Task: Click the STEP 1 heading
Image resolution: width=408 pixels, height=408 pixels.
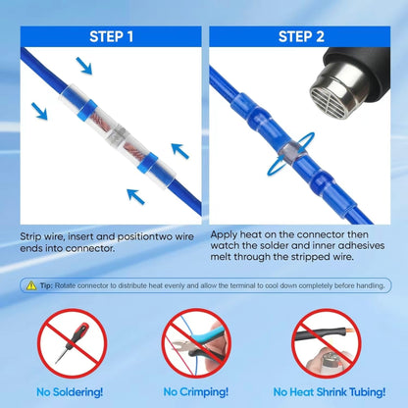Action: tap(112, 36)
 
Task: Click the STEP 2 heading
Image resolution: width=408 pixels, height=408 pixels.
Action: tap(301, 36)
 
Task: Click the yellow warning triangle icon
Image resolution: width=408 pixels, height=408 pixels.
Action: tap(31, 285)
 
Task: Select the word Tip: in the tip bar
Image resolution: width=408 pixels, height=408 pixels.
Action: tap(46, 285)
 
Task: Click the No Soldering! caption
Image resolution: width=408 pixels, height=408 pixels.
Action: tap(70, 391)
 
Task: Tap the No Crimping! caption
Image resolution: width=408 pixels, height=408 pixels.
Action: tap(196, 391)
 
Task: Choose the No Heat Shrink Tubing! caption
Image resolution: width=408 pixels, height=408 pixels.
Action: tap(330, 391)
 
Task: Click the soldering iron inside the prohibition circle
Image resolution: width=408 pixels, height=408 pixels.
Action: tap(72, 343)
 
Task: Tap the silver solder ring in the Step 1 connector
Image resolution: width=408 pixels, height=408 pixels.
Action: tap(118, 137)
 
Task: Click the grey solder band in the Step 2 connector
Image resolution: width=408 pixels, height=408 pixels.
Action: tap(293, 153)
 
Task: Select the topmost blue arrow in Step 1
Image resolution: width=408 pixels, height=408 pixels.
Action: tap(84, 66)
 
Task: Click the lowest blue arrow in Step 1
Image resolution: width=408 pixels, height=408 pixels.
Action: tap(135, 197)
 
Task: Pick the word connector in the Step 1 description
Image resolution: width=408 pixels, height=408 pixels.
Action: tap(89, 249)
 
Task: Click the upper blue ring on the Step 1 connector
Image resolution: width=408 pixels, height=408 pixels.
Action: tap(87, 110)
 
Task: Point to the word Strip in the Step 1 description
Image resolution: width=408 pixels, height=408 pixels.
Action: tap(30, 237)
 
